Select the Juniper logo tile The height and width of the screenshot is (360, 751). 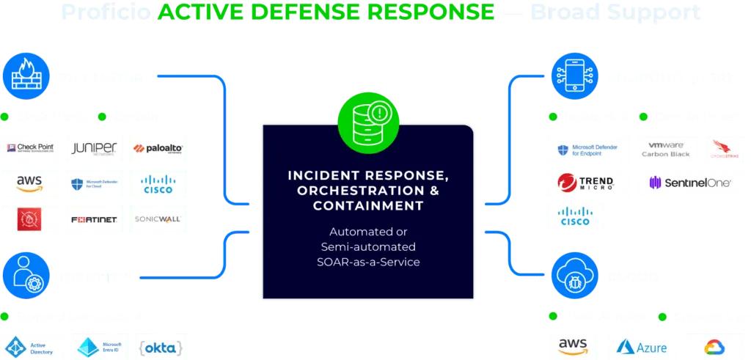(x=95, y=147)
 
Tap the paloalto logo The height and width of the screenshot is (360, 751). (x=158, y=147)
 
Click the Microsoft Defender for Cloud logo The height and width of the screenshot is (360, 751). (x=95, y=183)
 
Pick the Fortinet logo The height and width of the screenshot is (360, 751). (x=95, y=219)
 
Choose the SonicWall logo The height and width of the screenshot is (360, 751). (x=158, y=219)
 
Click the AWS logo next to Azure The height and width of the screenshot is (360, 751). (x=573, y=345)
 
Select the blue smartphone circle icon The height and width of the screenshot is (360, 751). (x=570, y=73)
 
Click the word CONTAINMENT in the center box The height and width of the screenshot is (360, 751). (x=368, y=206)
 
